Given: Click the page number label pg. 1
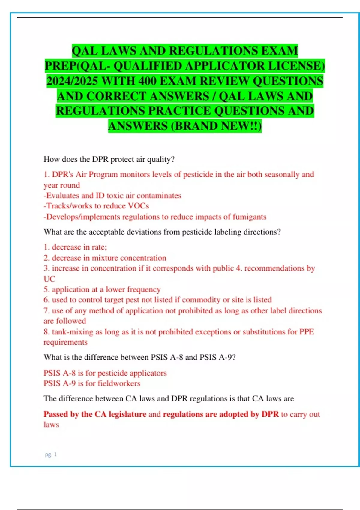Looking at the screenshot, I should tap(51, 454).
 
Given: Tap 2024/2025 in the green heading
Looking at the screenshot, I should tap(72, 81).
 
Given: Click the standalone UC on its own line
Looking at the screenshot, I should tap(49, 279).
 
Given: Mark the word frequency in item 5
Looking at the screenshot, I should tap(144, 289).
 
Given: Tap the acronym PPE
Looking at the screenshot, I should tap(307, 332).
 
